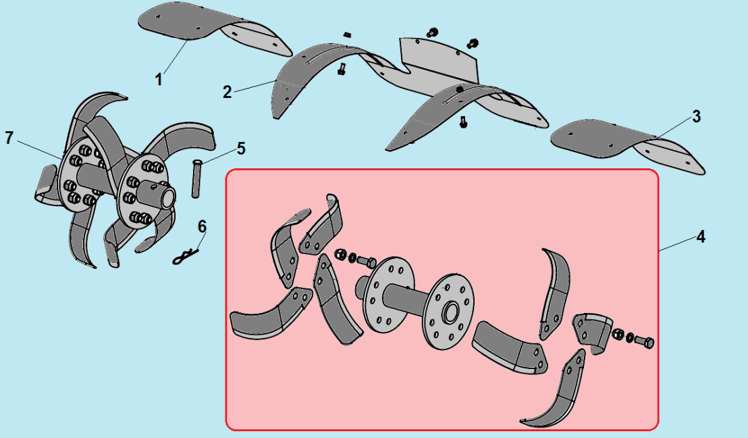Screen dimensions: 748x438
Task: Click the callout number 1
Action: [159, 79]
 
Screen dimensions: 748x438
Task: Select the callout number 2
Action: [228, 91]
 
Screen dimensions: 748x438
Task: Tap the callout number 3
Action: [696, 116]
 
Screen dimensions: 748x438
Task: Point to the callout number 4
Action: [700, 237]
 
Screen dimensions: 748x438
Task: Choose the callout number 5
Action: [242, 148]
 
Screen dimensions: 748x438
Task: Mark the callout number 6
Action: [203, 226]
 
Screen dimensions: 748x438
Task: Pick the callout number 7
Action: [9, 138]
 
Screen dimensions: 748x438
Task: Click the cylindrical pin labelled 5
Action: [196, 178]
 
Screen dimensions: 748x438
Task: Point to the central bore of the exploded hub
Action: [451, 312]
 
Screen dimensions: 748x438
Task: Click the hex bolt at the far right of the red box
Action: [644, 342]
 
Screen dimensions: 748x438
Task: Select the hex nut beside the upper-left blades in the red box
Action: [340, 253]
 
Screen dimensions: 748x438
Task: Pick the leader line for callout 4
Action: [676, 243]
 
